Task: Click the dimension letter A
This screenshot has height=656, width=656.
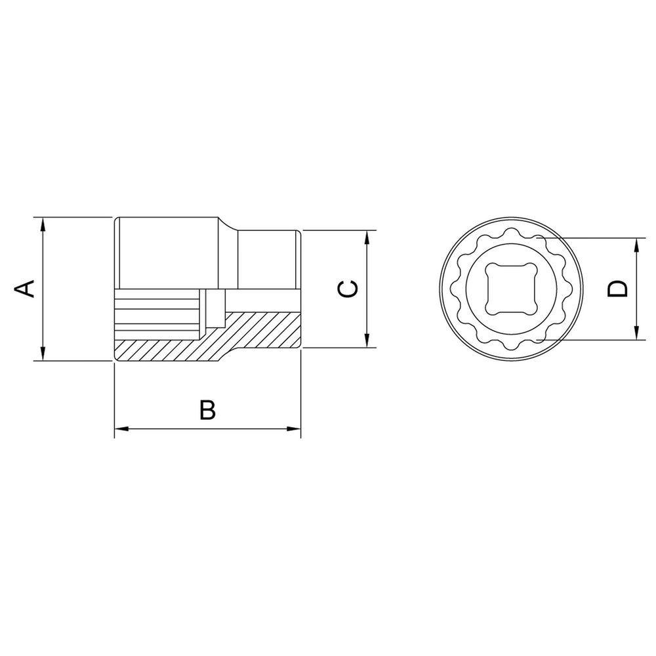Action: [x=25, y=289]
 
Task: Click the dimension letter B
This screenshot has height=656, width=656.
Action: [x=207, y=410]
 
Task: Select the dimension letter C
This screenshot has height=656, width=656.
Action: [x=348, y=289]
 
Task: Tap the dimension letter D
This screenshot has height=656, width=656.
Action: [x=618, y=289]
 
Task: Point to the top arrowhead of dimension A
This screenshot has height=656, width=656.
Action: [x=42, y=224]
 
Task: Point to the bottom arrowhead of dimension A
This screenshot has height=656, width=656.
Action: [x=42, y=353]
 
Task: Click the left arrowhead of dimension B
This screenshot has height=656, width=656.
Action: [x=122, y=429]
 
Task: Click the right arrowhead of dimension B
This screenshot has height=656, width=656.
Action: [x=293, y=429]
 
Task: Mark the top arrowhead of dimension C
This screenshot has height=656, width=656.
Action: [x=367, y=237]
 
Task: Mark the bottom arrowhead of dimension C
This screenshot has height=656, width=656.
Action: [x=367, y=340]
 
